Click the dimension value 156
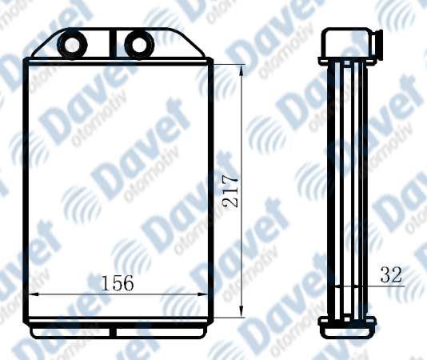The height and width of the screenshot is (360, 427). [x=118, y=282]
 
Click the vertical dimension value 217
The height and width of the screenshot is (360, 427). [x=230, y=191]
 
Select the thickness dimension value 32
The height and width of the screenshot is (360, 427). [x=391, y=274]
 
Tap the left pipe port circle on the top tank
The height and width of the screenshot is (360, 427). [x=72, y=44]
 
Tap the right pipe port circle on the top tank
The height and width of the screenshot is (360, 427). [x=139, y=44]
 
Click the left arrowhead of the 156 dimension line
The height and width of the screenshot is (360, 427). [x=34, y=294]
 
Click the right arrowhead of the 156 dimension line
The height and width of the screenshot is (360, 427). [x=202, y=294]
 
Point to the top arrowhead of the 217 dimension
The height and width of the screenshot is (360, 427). [x=241, y=70]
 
